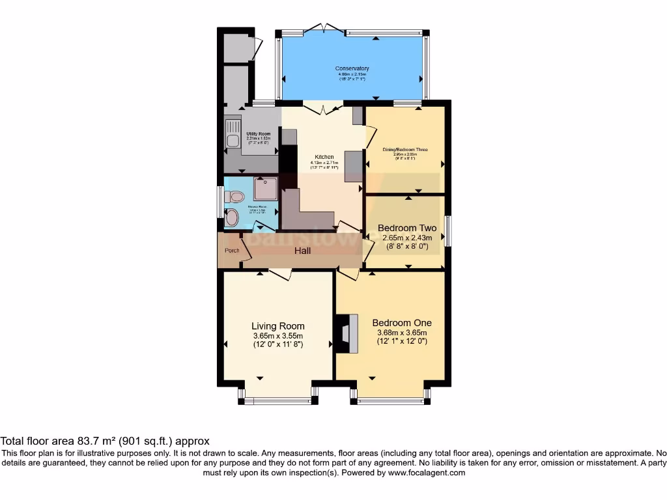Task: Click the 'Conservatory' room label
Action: point(352,68)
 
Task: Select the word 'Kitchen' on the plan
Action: point(324,157)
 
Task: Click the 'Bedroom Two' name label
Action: point(407,228)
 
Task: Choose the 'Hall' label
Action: point(302,251)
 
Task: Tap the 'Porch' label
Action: point(232,251)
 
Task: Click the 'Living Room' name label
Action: point(278,326)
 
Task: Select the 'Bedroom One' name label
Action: point(402,323)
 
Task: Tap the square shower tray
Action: point(265,189)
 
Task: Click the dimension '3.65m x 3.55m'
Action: point(278,336)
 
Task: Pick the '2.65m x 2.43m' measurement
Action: point(407,238)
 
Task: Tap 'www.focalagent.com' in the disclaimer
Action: point(427,473)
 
